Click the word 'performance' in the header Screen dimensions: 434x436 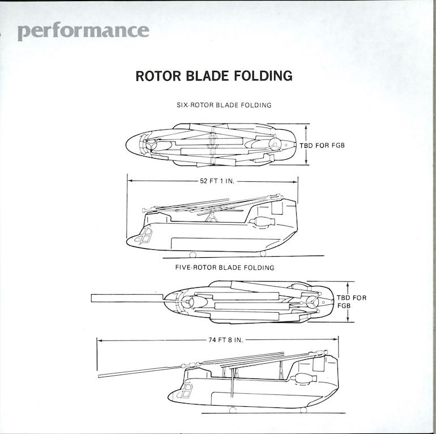83,31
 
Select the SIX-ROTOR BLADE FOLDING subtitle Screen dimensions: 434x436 224,105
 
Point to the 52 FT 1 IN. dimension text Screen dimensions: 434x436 213,181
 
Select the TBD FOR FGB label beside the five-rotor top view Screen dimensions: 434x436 352,301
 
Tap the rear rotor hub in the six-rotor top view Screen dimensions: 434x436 275,144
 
